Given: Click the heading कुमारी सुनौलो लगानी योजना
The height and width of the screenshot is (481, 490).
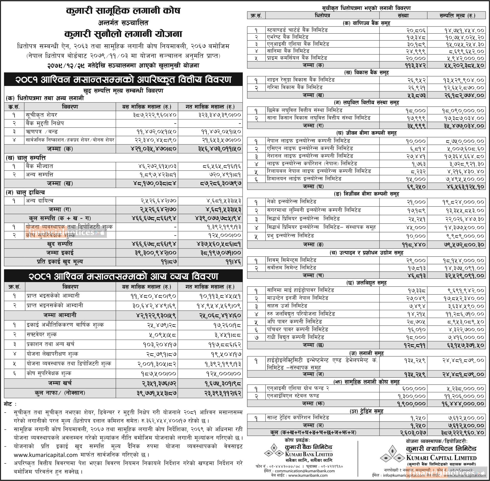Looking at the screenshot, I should pos(123,34).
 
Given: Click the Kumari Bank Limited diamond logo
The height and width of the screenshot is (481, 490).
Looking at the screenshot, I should pos(274,453).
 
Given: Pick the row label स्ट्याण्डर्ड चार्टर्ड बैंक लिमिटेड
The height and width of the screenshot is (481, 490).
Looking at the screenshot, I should pos(297,30).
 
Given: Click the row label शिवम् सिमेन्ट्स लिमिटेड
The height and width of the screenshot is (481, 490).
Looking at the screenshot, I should pos(291,260).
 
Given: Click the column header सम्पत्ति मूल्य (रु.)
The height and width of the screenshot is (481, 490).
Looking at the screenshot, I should pos(457,16).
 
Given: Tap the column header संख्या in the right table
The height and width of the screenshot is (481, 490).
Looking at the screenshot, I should pos(403,16).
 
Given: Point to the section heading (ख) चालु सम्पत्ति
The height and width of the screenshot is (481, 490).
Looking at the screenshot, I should pos(26,158).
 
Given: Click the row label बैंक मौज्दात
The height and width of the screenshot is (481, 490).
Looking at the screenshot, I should pos(39,166).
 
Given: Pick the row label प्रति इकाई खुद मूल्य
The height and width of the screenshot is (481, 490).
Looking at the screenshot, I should pos(60,262).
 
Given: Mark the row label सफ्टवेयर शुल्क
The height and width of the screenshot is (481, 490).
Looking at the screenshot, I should pos(41,335).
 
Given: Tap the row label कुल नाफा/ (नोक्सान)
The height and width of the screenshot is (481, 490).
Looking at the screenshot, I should pos(60,393).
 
